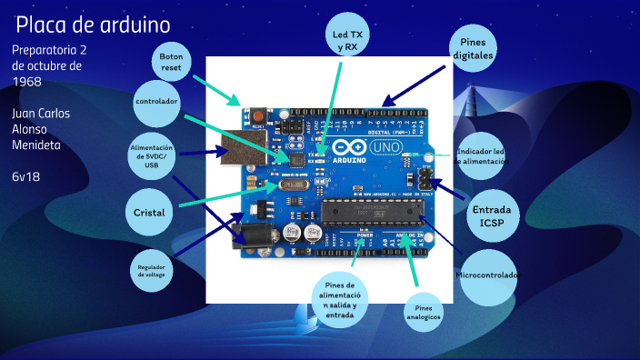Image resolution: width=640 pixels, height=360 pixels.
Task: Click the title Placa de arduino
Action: point(94,25)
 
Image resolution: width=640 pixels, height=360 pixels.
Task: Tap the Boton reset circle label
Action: point(171,62)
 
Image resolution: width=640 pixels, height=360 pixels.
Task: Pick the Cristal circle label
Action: point(149,212)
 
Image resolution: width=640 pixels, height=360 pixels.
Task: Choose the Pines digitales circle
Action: point(476,49)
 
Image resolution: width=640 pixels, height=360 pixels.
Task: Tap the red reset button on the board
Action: point(259,116)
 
